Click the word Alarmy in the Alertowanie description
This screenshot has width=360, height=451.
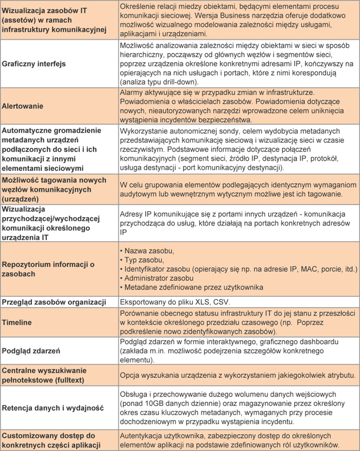[133, 92]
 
